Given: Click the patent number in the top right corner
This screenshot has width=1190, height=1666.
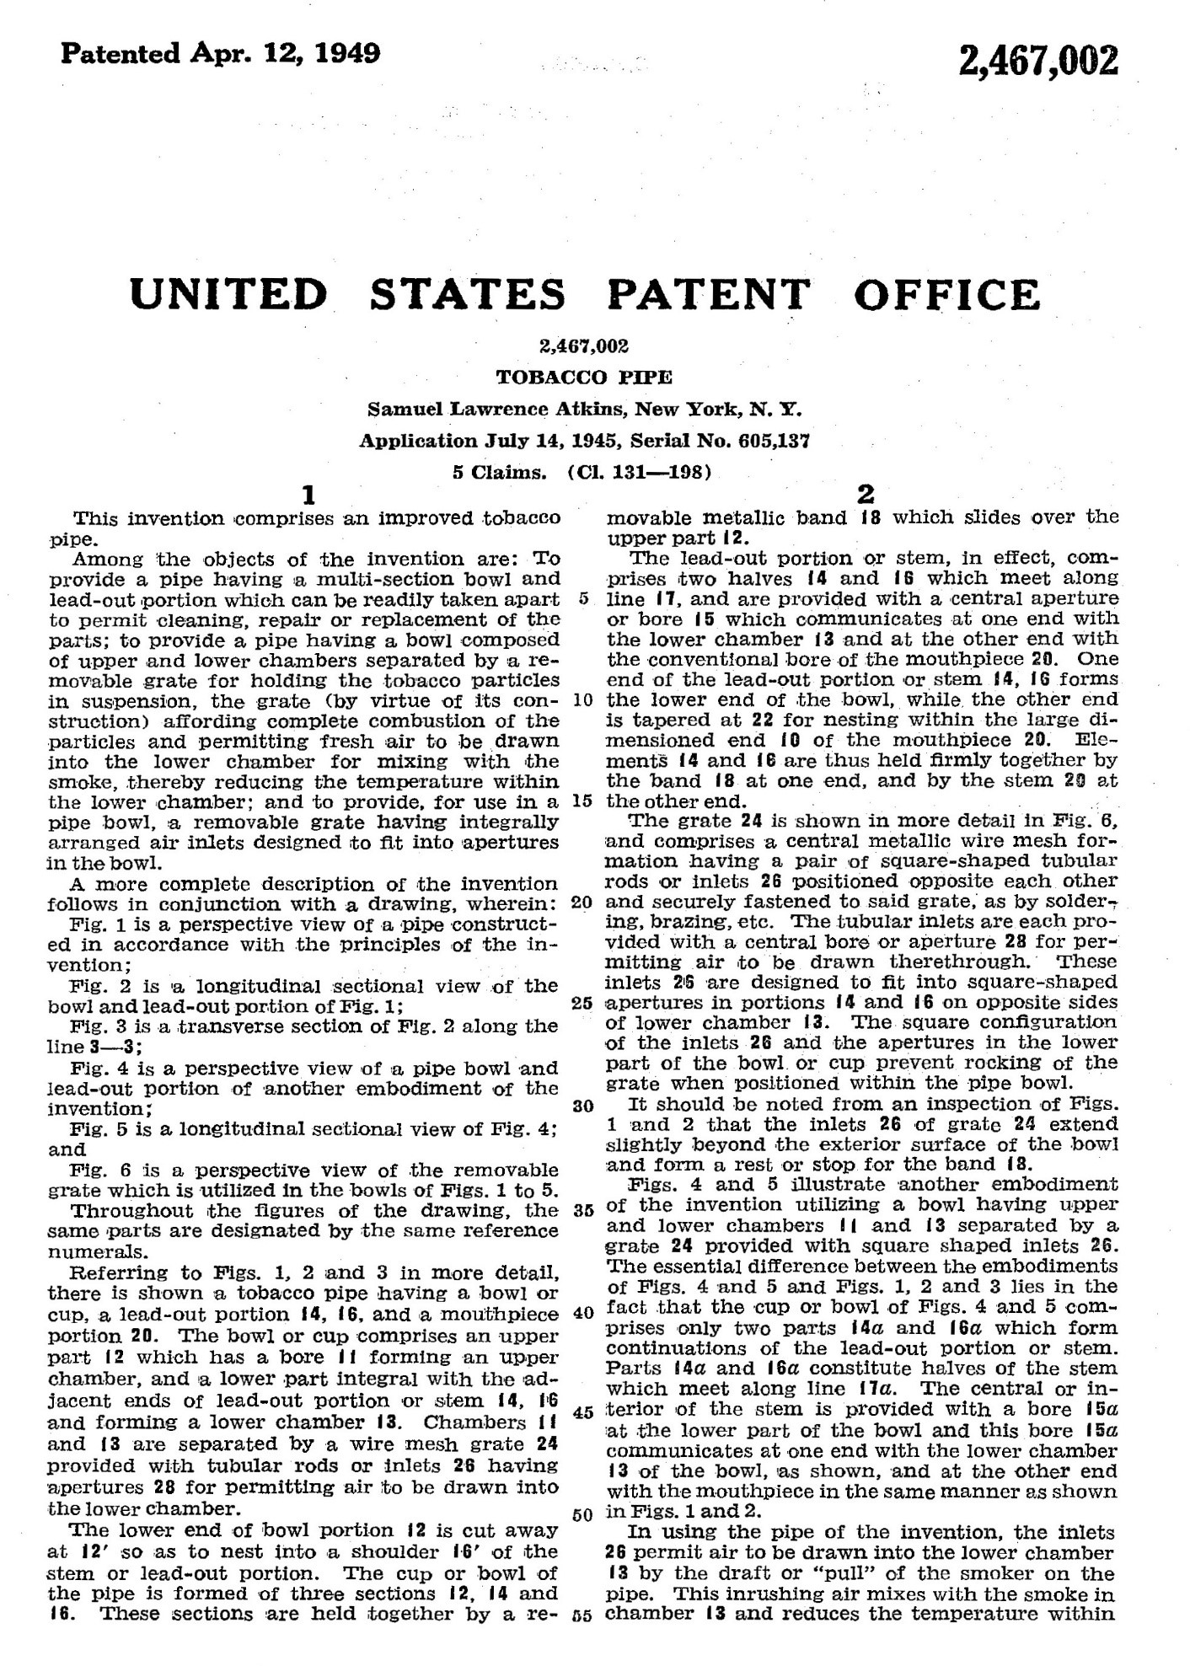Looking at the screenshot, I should coord(1038,62).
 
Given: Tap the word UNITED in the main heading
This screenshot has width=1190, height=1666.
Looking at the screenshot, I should coord(229,294).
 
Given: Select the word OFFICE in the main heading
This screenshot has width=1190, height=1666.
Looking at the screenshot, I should coord(946,294).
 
